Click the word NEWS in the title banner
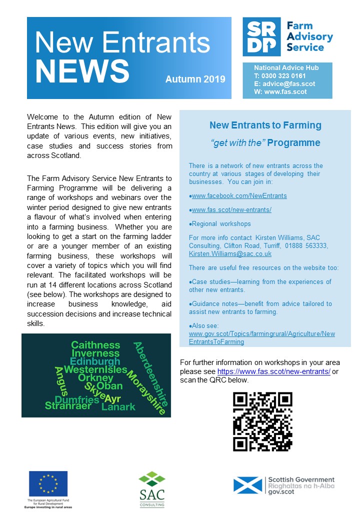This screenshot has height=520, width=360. click(x=82, y=71)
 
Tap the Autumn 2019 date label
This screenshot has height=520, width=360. click(x=195, y=79)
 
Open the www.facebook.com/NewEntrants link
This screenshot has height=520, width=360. click(x=239, y=195)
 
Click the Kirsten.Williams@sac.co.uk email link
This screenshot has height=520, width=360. click(x=230, y=253)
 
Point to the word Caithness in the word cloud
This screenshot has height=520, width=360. click(x=95, y=345)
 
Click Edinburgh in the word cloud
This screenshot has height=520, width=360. click(x=95, y=361)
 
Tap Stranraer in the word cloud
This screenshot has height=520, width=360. click(x=68, y=405)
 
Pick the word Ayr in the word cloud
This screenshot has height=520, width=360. click(x=113, y=398)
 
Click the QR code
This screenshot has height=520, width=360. click(x=262, y=421)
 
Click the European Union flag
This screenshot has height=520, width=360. click(x=48, y=484)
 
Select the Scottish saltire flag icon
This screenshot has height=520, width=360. click(x=248, y=485)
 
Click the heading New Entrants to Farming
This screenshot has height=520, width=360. click(x=265, y=125)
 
